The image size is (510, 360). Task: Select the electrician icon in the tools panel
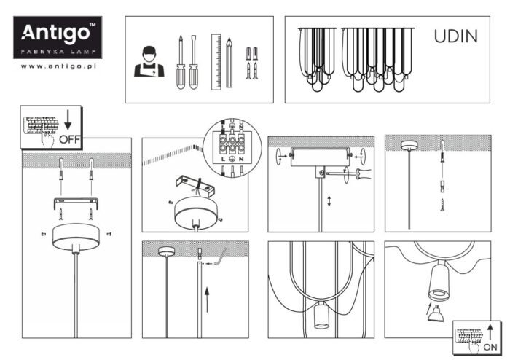click(149, 63)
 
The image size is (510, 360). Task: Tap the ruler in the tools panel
click(216, 62)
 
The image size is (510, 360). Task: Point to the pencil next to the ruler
click(229, 62)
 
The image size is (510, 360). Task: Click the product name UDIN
click(456, 36)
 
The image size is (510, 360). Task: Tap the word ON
click(491, 348)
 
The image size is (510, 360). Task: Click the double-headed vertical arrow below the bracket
click(329, 200)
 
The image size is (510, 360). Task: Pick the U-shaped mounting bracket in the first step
click(76, 204)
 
